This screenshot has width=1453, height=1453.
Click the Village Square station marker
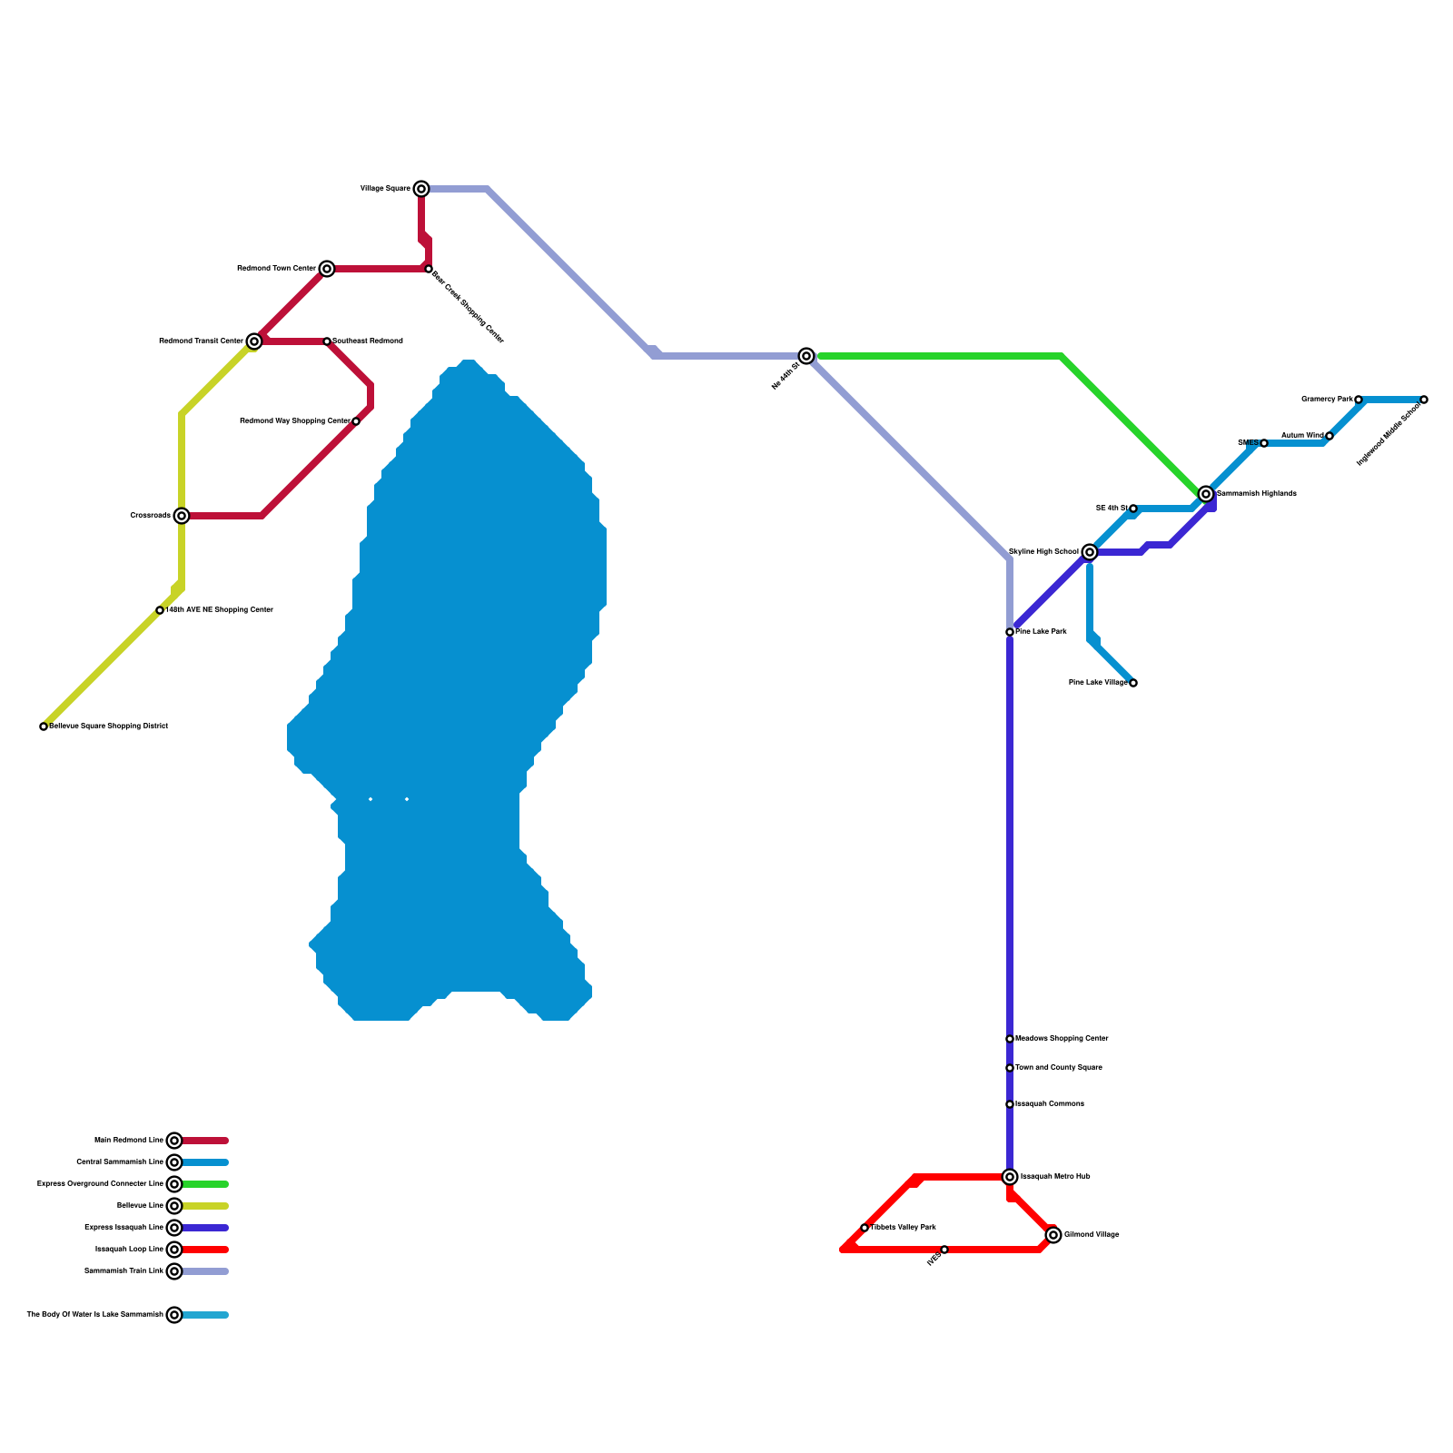tap(421, 189)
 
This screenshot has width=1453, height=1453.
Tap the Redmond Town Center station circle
tap(327, 269)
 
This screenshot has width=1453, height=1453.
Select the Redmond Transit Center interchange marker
tap(254, 341)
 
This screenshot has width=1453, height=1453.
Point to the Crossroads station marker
tap(182, 516)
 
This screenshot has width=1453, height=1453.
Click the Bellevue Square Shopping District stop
tap(44, 726)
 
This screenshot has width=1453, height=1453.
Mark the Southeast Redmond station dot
tap(327, 341)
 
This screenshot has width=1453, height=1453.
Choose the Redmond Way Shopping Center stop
tap(356, 421)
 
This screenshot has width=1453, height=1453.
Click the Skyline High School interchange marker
tap(1090, 552)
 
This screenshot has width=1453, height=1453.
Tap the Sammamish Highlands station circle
tap(1206, 494)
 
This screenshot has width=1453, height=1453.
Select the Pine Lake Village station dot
tap(1133, 683)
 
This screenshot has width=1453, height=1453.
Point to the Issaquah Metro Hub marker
tap(1010, 1177)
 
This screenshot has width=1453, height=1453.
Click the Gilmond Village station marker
tap(1053, 1235)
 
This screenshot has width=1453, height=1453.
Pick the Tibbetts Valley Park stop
tap(865, 1228)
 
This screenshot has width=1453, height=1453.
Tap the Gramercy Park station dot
tap(1359, 400)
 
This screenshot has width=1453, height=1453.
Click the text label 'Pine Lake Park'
tap(1041, 632)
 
